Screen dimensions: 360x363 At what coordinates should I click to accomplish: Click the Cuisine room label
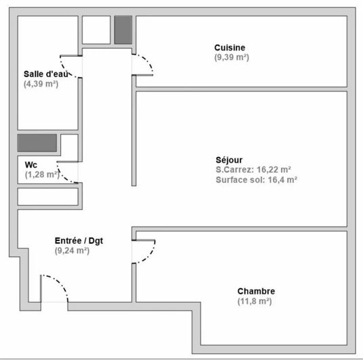click(x=230, y=47)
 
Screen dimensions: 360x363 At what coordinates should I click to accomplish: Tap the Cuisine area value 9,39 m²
click(x=232, y=58)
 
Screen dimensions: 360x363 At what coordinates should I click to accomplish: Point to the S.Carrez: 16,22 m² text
click(x=253, y=170)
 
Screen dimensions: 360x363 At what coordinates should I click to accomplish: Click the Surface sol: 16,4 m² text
click(x=257, y=180)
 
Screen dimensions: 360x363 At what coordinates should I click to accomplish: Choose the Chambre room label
click(x=256, y=291)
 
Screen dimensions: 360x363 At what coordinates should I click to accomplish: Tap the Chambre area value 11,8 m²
click(x=255, y=301)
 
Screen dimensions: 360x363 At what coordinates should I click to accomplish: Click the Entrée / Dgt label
click(x=79, y=240)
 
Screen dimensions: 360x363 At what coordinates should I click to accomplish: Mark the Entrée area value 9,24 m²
click(x=72, y=250)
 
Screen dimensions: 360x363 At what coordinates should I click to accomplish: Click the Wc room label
click(x=30, y=164)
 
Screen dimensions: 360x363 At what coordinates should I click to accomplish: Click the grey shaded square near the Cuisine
click(x=123, y=30)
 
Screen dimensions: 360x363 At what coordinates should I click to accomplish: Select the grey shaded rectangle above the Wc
click(x=37, y=143)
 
